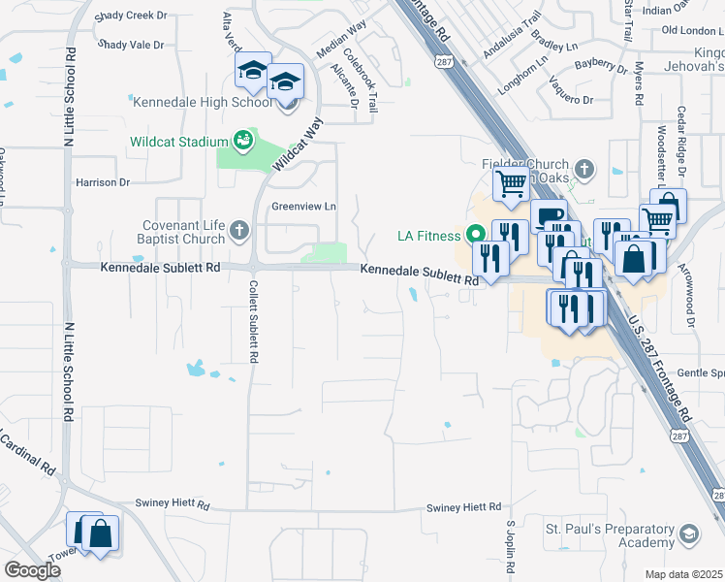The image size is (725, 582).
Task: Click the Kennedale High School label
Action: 202,102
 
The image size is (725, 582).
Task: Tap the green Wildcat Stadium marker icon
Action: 242,142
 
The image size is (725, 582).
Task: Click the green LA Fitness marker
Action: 475,235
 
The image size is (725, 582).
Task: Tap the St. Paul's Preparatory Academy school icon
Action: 688,534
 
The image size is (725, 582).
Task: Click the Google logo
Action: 33,569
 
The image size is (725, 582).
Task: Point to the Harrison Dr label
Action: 103,182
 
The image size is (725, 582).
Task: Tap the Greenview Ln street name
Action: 302,207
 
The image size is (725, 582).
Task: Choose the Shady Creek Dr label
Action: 133,17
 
